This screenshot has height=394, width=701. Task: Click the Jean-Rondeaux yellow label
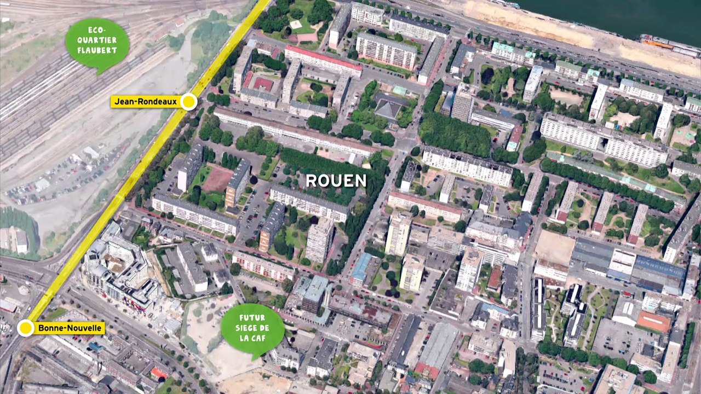tap(146, 102)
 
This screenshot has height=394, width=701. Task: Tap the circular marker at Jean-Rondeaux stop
tap(188, 101)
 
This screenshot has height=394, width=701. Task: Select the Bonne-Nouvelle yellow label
tap(70, 328)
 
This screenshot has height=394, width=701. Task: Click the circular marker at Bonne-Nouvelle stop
tap(25, 328)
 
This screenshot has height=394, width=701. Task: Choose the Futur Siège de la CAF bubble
tap(252, 329)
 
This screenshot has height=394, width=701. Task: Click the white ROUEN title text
tap(336, 181)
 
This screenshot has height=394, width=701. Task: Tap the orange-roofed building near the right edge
tap(654, 322)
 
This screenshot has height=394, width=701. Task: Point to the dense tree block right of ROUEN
tap(455, 135)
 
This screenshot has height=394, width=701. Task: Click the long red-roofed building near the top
tap(323, 60)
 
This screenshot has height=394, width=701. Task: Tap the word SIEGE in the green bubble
tap(253, 328)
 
